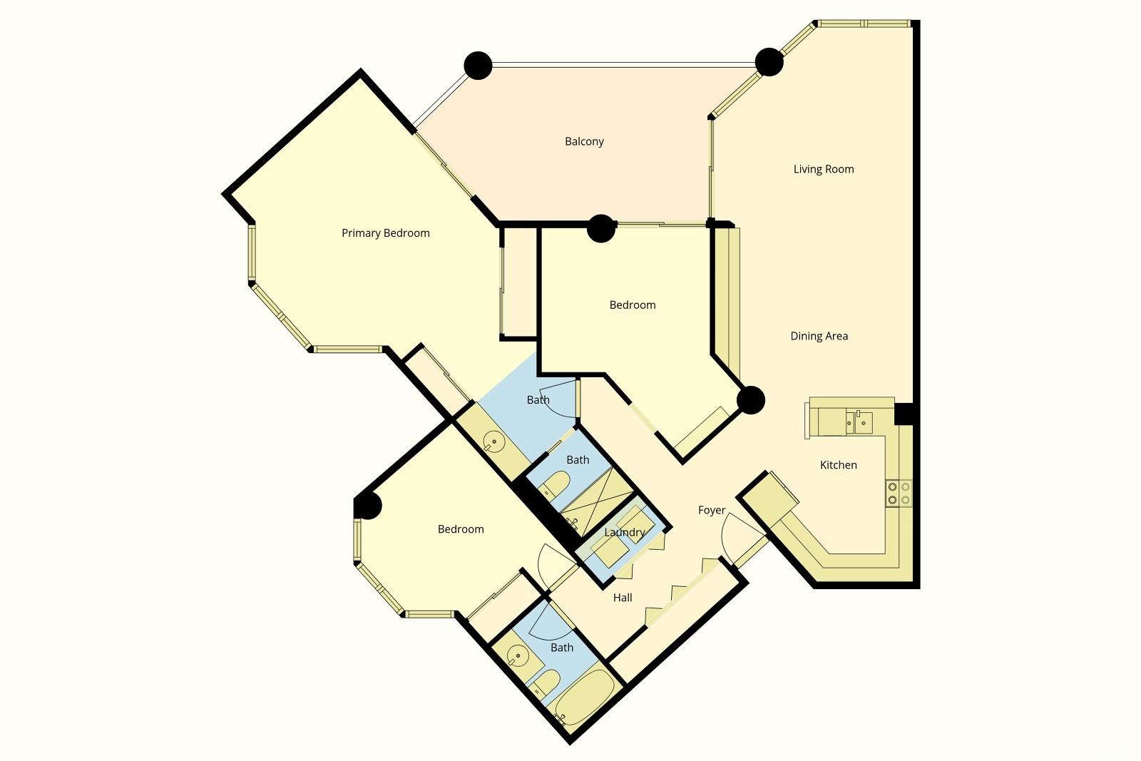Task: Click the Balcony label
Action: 584,141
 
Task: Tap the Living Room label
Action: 824,169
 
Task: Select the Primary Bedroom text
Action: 386,233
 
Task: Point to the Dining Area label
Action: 819,336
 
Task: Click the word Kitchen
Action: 839,464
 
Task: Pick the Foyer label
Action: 712,510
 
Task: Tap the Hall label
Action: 623,598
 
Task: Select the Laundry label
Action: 625,532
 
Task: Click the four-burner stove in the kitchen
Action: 899,493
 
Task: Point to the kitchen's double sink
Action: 859,422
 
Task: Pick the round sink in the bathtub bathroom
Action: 518,655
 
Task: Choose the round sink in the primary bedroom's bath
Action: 493,441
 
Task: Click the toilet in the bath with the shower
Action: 553,484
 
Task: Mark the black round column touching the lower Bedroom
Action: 367,506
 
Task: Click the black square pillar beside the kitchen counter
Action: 904,414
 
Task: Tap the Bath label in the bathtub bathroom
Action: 562,648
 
